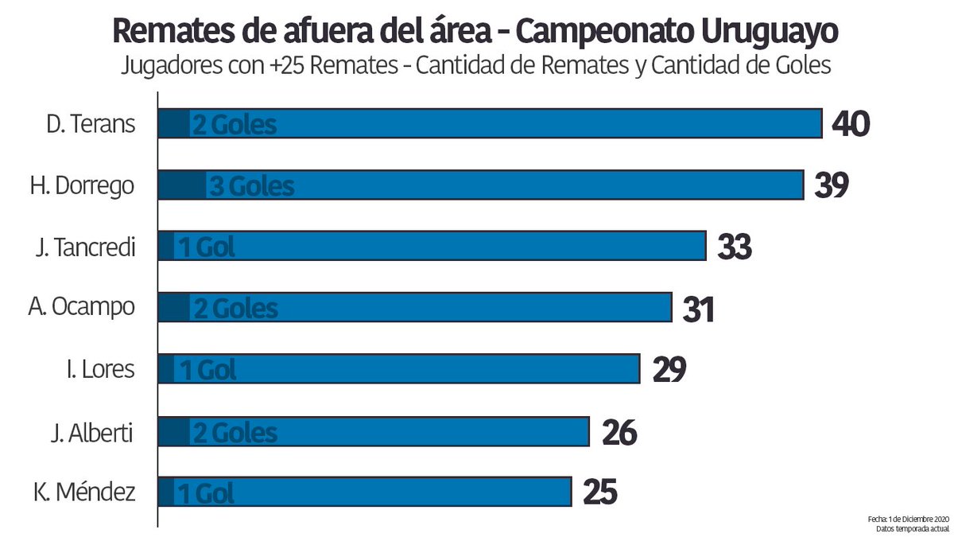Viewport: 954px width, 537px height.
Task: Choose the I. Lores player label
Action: (99, 370)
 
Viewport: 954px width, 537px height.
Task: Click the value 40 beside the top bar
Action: (851, 124)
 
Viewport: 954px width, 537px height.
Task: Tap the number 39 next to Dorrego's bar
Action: (832, 185)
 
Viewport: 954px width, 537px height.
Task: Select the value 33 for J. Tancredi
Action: (734, 247)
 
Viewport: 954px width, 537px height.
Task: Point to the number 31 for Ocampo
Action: (698, 309)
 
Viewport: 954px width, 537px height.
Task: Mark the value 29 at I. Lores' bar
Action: (669, 370)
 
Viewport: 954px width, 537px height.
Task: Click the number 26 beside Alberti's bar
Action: (619, 432)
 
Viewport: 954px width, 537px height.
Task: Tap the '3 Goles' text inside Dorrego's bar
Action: (251, 187)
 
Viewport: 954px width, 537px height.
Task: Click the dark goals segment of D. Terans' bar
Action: (173, 124)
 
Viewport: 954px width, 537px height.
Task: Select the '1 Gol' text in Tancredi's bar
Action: (206, 247)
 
